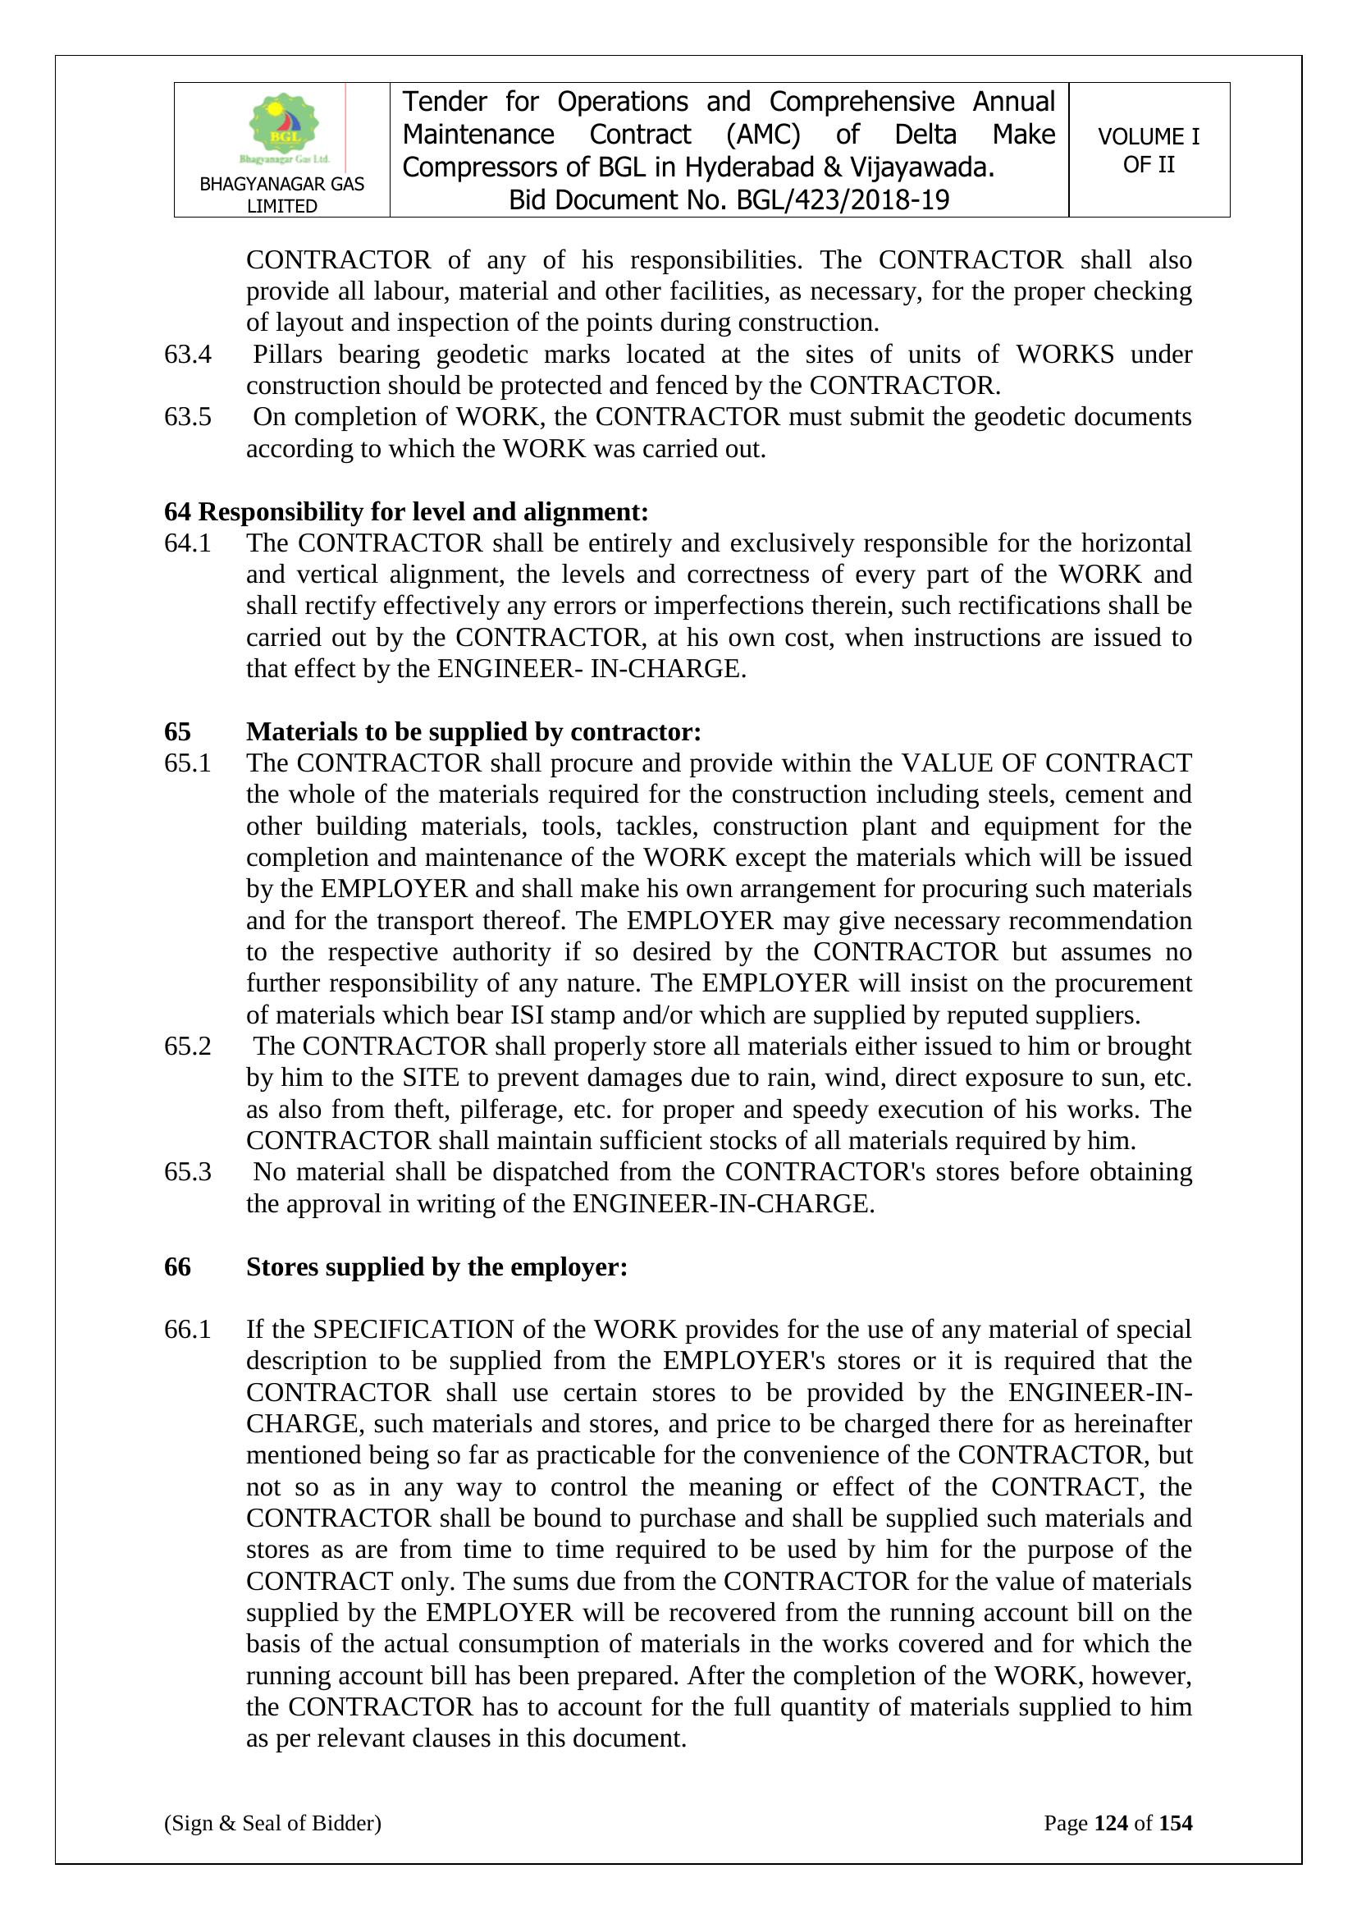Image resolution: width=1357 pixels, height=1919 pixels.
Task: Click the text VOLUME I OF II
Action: click(x=1148, y=150)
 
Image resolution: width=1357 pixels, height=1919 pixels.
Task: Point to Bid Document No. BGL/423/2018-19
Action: click(x=729, y=200)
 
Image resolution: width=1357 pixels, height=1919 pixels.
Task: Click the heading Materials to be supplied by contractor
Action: click(x=473, y=732)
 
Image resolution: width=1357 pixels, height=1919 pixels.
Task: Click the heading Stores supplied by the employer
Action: click(x=436, y=1267)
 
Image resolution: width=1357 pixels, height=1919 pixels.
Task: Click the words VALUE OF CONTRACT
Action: click(x=1046, y=763)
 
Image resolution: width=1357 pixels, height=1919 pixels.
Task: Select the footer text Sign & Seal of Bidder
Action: click(x=272, y=1823)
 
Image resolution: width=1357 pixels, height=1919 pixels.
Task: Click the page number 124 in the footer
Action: click(x=1111, y=1823)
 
